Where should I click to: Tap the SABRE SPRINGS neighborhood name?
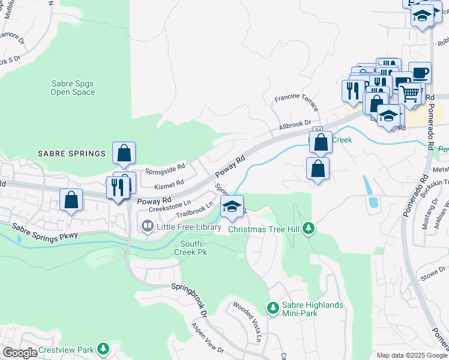[x=71, y=154]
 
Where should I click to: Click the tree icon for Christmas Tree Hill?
[x=309, y=228]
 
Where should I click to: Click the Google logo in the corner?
[x=19, y=353]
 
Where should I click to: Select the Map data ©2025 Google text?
[x=411, y=355]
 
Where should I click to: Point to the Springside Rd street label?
[x=165, y=170]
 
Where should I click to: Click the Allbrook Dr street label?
[x=294, y=127]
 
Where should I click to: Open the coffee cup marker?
[x=420, y=73]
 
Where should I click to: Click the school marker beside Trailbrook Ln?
[x=232, y=206]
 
